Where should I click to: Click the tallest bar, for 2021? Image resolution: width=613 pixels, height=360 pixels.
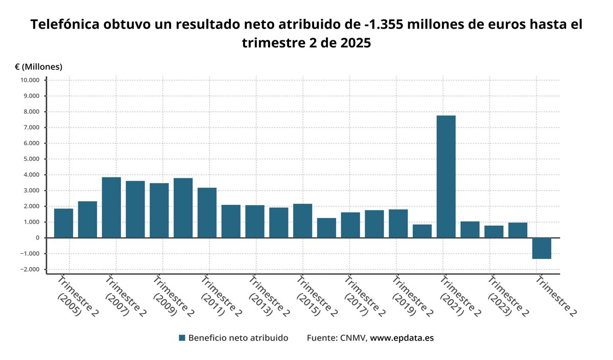(446, 177)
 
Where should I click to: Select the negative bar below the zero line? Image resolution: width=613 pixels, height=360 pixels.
(541, 248)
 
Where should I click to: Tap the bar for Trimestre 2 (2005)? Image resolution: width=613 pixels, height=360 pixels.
(63, 223)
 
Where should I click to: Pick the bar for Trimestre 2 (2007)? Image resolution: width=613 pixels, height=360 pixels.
(111, 207)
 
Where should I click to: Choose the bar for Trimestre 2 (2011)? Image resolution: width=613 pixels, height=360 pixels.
(207, 212)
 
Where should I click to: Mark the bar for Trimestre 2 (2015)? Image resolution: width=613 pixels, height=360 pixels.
(302, 221)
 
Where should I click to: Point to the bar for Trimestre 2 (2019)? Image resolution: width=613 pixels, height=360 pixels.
(398, 224)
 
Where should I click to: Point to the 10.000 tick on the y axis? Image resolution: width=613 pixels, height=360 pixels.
(30, 80)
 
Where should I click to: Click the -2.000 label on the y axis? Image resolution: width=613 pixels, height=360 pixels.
(30, 270)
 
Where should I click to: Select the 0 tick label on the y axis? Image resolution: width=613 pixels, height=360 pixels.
(37, 238)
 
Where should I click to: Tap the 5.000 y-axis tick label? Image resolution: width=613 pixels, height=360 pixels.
(30, 159)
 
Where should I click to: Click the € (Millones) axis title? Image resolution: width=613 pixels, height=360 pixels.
(38, 66)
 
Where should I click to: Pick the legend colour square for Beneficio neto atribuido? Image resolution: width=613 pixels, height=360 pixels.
(182, 338)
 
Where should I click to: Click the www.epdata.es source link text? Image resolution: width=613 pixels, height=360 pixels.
(402, 338)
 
